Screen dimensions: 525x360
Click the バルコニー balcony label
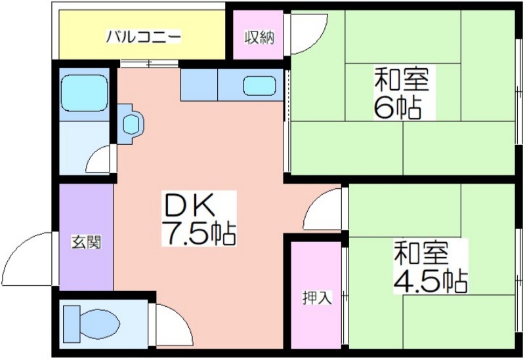pos(143,37)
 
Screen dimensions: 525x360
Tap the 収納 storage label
pos(259,37)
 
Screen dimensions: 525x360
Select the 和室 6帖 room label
pos(402,92)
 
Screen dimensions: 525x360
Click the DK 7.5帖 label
pos(199,218)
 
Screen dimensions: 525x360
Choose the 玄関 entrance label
pos(86,242)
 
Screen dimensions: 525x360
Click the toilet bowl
pos(91,323)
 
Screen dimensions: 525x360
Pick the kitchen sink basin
pos(259,86)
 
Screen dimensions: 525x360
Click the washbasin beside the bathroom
pos(131,124)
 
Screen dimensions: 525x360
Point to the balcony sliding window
pos(150,64)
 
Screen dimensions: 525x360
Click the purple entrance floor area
pos(86,237)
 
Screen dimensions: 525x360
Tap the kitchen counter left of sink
pos(199,85)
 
